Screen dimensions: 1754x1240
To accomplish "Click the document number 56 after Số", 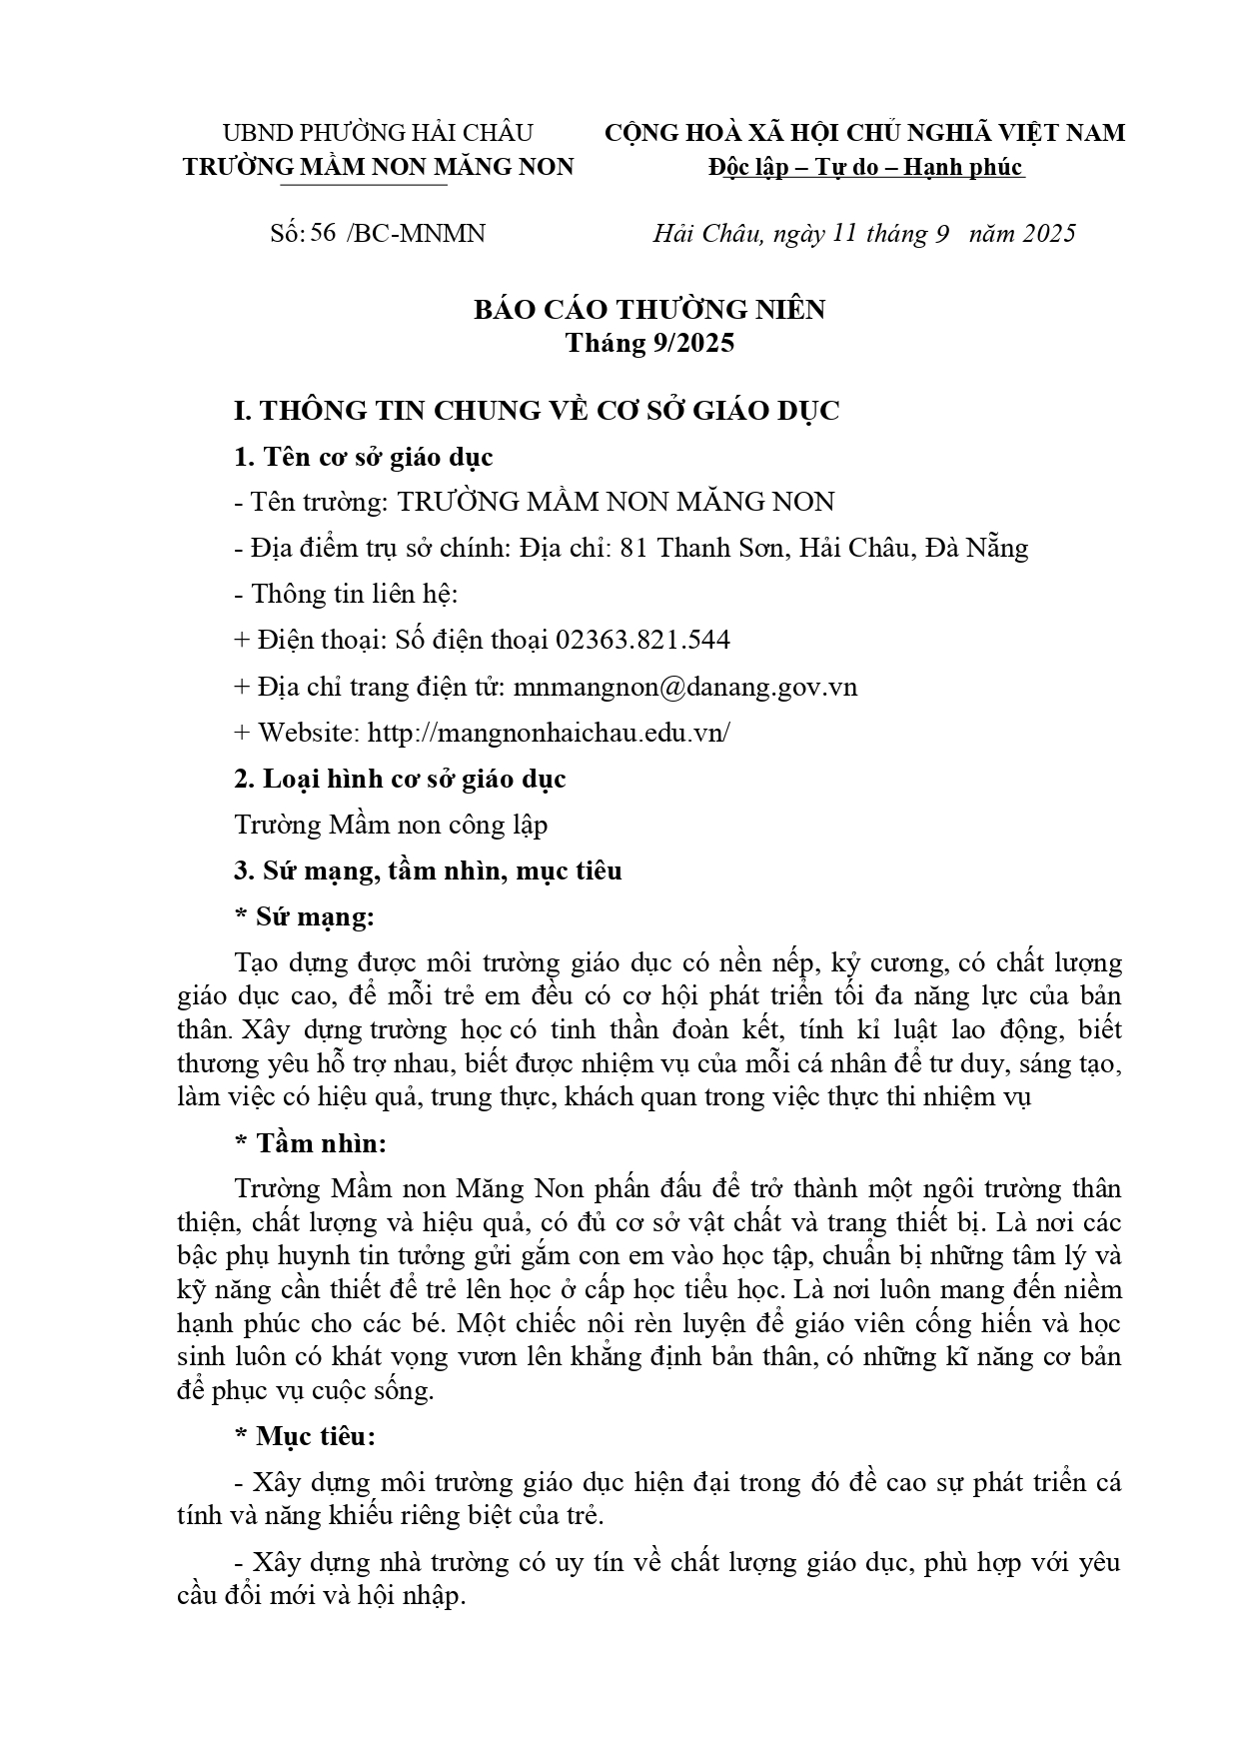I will (x=322, y=234).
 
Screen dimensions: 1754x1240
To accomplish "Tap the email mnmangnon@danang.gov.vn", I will (x=684, y=687).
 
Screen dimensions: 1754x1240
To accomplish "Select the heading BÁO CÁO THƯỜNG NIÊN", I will (x=649, y=310).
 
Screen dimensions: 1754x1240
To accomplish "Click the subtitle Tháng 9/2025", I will (x=649, y=343).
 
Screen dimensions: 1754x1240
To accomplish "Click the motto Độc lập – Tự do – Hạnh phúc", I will (x=865, y=167).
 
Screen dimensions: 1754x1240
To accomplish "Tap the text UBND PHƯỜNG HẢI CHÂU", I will (x=378, y=133).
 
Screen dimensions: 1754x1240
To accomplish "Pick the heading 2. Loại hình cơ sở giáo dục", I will (x=400, y=779).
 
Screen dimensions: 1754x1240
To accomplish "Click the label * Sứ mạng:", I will (x=305, y=916).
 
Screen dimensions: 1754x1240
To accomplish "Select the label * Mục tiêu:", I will (x=305, y=1436).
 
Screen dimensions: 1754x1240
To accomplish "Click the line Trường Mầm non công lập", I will (x=391, y=825).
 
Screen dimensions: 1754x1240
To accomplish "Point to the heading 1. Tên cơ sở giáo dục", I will (x=364, y=457).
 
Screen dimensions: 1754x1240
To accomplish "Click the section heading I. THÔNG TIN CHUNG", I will (x=536, y=411).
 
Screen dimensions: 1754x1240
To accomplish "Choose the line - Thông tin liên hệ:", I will (x=346, y=594).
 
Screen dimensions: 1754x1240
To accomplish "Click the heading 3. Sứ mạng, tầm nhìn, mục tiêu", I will (x=428, y=871).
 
